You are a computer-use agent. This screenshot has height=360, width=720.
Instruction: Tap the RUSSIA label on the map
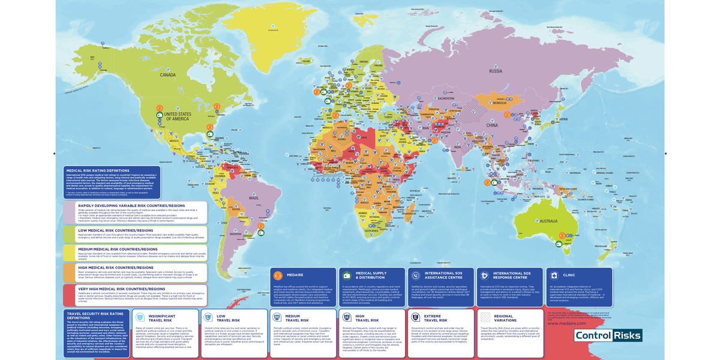496,71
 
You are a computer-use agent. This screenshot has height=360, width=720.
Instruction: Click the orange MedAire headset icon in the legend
278,275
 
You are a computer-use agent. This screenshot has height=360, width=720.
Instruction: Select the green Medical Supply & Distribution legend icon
346,275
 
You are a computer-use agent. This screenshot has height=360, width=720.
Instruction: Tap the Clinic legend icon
553,275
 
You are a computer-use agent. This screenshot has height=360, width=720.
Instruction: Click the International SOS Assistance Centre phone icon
415,275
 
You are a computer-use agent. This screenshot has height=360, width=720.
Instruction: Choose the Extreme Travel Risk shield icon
415,317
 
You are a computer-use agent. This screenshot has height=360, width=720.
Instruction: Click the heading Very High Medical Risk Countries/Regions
121,288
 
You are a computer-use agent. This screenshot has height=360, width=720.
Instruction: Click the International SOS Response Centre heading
512,275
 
